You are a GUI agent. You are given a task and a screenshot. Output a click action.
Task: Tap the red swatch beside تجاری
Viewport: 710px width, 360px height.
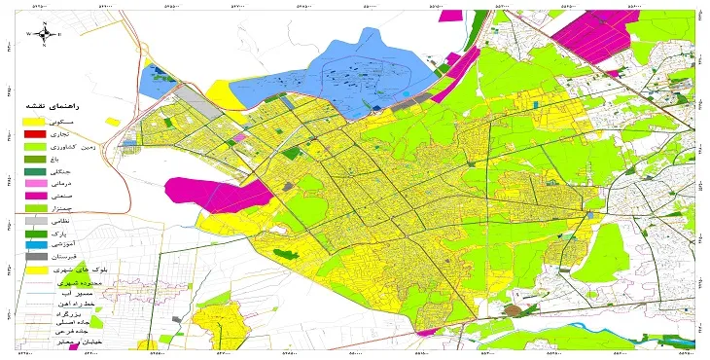point(35,132)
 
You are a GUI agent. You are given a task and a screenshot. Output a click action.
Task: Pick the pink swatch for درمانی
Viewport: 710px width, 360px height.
point(35,184)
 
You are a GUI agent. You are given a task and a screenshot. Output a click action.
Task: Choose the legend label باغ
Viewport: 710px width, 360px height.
point(82,159)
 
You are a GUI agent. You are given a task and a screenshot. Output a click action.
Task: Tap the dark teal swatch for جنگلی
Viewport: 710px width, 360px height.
point(35,171)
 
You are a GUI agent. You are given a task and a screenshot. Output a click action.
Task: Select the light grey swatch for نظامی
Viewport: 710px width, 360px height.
point(35,222)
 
